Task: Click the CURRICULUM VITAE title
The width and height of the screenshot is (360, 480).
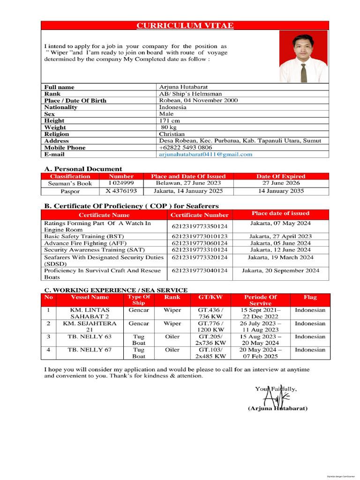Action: pyautogui.click(x=185, y=26)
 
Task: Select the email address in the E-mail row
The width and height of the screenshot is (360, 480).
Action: pyautogui.click(x=205, y=154)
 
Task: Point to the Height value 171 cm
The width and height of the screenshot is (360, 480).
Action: pyautogui.click(x=170, y=120)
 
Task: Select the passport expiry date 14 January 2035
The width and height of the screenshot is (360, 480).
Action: pyautogui.click(x=281, y=191)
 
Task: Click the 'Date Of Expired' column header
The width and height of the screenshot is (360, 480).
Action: pyautogui.click(x=281, y=176)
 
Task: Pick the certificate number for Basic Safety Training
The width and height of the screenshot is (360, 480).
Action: pyautogui.click(x=199, y=237)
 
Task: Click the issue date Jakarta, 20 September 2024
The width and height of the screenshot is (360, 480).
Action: pyautogui.click(x=280, y=270)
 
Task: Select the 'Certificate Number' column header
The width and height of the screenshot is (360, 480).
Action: pyautogui.click(x=199, y=215)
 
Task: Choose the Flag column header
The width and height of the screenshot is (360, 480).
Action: pyautogui.click(x=310, y=297)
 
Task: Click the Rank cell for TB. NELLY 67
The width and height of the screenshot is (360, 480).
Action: pyautogui.click(x=172, y=350)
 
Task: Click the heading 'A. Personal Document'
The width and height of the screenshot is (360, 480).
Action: pyautogui.click(x=83, y=169)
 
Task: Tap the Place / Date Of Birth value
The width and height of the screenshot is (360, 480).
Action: pyautogui.click(x=198, y=100)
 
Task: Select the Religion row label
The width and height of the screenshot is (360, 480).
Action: pyautogui.click(x=57, y=134)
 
